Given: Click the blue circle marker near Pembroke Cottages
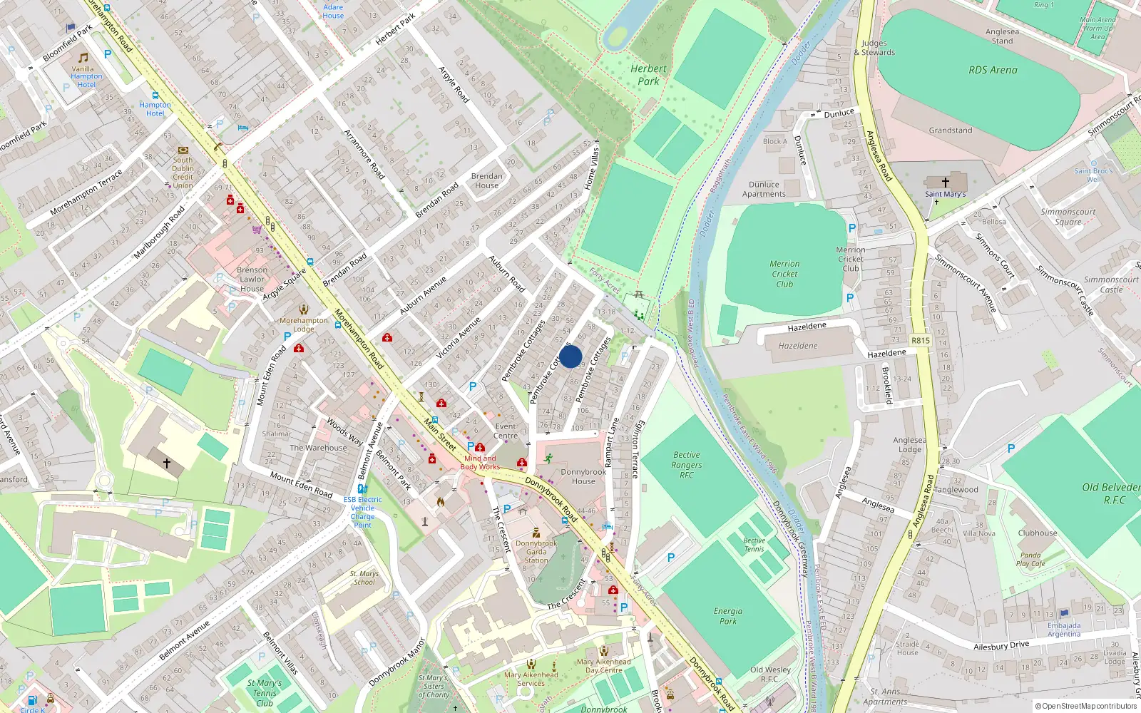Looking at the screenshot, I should tap(570, 356).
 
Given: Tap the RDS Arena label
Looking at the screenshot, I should tap(993, 70).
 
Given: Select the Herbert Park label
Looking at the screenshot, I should tap(648, 75).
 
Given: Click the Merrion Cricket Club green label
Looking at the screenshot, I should tap(784, 274).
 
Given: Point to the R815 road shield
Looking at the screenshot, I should tap(921, 340).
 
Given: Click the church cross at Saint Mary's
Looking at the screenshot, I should tap(946, 183).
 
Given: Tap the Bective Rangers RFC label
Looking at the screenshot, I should tap(686, 465).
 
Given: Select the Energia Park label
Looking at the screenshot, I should tap(727, 616).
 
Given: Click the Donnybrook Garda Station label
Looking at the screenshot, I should tap(536, 551).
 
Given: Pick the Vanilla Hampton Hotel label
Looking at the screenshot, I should tap(86, 76).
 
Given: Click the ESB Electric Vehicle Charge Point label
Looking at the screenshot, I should tap(362, 512).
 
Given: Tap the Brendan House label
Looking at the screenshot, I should tap(486, 180).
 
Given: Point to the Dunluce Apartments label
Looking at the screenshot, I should tap(763, 189).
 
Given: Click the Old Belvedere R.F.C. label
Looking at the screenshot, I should tap(1111, 493).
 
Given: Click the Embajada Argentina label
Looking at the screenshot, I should tap(1063, 630).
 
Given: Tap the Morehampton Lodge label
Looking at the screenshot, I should tap(304, 324).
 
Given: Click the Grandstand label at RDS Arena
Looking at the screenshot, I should tap(950, 130).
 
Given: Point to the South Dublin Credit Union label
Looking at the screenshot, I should tap(183, 173).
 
